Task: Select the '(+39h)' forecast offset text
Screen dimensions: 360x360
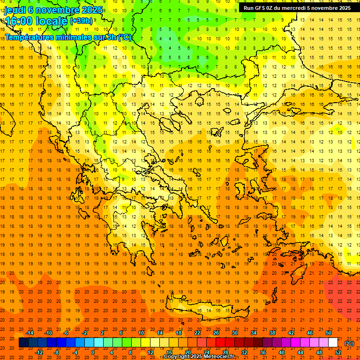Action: [x=81, y=21]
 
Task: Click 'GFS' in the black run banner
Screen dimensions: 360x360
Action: [x=261, y=8]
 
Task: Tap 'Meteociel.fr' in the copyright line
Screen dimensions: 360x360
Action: [x=217, y=357]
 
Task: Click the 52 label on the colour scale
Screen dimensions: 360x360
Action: [x=338, y=352]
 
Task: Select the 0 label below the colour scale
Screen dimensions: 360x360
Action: [x=92, y=352]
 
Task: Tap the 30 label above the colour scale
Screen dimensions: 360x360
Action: [x=234, y=333]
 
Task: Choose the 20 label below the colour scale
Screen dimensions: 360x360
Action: [x=187, y=352]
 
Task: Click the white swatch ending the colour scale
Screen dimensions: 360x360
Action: [x=333, y=343]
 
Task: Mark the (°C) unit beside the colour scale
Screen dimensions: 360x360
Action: [x=349, y=343]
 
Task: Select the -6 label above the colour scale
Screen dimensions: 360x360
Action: [x=66, y=333]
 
